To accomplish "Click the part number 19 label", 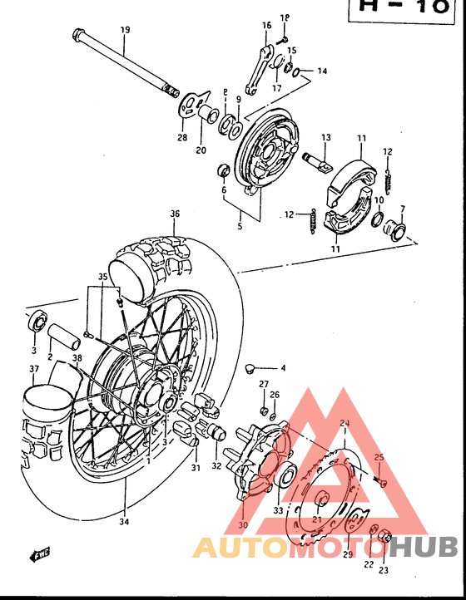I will (125, 30).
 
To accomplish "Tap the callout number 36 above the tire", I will (175, 214).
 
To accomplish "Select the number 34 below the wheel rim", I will (124, 523).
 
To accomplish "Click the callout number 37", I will (33, 369).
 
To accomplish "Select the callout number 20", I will (201, 150).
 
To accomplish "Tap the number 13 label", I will (326, 137).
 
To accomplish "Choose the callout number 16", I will (267, 26).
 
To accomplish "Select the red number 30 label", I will (243, 524).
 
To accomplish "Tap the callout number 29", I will (348, 554).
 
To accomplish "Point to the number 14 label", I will (321, 71).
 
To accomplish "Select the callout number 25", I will (379, 457).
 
